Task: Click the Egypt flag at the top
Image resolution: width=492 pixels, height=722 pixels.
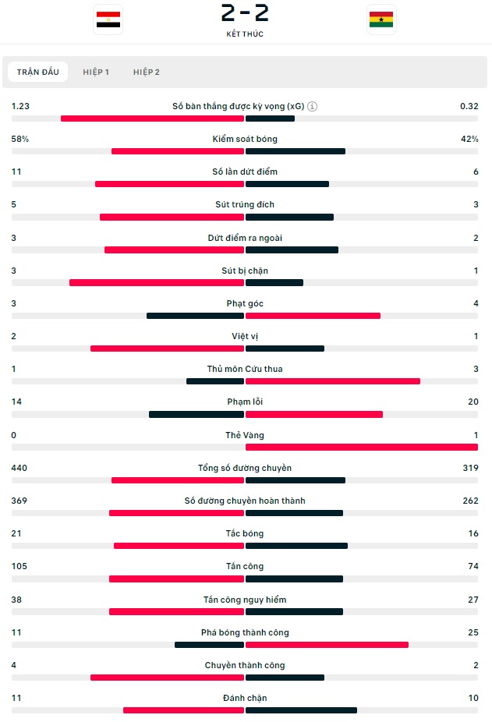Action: tap(108, 19)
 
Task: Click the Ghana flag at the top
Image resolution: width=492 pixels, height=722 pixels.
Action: tap(381, 19)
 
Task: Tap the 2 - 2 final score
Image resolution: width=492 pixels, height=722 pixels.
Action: tap(245, 13)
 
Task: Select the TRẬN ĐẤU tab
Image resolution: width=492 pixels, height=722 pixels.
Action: tap(38, 72)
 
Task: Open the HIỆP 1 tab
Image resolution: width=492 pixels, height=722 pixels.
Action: tap(96, 72)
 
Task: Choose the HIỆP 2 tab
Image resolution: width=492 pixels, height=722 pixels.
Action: tap(147, 72)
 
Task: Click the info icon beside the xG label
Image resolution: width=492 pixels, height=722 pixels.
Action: tap(312, 106)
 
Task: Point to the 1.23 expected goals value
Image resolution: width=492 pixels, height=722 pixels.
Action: tap(20, 106)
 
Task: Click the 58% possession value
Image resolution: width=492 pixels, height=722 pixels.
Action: tap(20, 139)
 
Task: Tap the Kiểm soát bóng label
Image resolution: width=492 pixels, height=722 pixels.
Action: tap(245, 139)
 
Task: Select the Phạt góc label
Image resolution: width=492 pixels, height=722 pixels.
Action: tap(245, 303)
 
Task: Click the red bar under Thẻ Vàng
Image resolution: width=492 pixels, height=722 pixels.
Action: tap(361, 447)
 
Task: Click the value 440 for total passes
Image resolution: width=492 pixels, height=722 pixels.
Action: tap(19, 468)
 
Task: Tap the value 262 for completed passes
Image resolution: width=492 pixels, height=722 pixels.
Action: tap(470, 501)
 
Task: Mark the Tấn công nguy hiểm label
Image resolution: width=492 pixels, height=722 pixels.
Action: tap(245, 600)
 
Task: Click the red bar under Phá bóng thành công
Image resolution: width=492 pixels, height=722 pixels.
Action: tap(327, 645)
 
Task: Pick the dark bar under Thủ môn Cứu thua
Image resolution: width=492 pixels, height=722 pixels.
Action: tap(215, 381)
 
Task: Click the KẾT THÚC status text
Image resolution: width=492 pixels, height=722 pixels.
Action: tap(245, 34)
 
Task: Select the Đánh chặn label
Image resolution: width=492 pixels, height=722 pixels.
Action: tap(245, 698)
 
